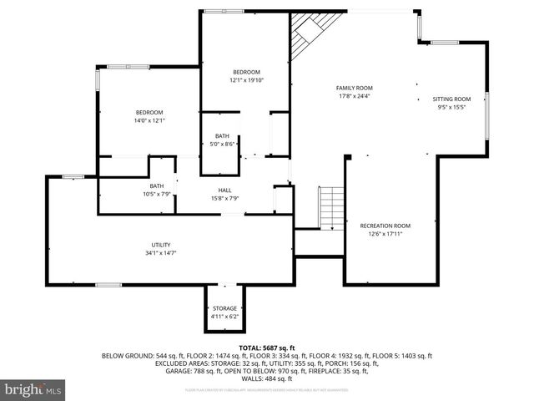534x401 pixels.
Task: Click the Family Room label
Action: [x=354, y=88]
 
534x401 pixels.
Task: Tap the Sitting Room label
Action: [x=451, y=99]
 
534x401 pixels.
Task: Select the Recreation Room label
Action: [x=385, y=226]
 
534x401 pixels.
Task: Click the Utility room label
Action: [x=161, y=244]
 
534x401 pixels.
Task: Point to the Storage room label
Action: [x=224, y=308]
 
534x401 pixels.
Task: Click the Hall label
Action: [x=224, y=190]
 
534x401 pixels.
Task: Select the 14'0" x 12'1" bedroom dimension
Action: [x=149, y=120]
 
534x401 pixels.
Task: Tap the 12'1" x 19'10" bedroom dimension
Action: [x=246, y=80]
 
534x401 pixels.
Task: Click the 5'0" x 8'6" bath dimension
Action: [x=222, y=144]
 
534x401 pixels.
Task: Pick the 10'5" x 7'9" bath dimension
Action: [x=157, y=194]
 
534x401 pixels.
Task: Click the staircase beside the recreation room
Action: [x=332, y=206]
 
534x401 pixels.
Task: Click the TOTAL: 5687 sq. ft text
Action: [x=266, y=347]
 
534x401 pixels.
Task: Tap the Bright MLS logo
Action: [x=33, y=389]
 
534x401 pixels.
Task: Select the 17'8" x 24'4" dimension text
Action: [x=354, y=96]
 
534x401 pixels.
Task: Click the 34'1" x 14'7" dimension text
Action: [x=161, y=252]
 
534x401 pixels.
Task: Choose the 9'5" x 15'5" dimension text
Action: [x=451, y=107]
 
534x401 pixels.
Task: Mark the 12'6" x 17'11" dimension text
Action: [x=385, y=234]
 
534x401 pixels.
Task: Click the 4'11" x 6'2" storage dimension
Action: [x=224, y=317]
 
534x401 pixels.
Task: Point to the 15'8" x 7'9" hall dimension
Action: [x=224, y=198]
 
